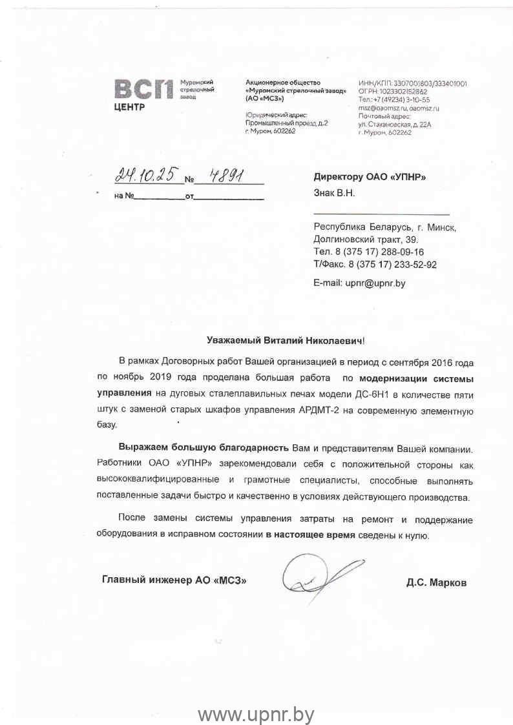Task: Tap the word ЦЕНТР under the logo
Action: pyautogui.click(x=129, y=107)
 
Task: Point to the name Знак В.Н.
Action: pyautogui.click(x=334, y=192)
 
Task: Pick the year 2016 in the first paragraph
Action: pyautogui.click(x=443, y=363)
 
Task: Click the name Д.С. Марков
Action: pyautogui.click(x=436, y=582)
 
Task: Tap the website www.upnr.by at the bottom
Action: pyautogui.click(x=256, y=715)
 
